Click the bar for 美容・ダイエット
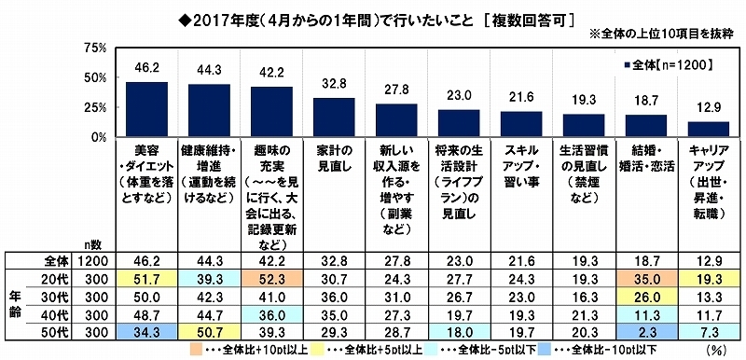[x=146, y=109]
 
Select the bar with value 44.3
[x=209, y=110]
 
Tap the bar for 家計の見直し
[x=334, y=117]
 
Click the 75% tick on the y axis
[x=94, y=48]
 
